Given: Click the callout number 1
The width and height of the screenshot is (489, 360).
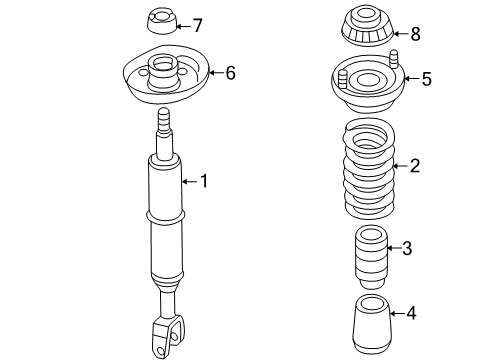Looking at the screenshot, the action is pyautogui.click(x=204, y=181).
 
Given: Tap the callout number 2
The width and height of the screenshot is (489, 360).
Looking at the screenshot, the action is pyautogui.click(x=415, y=166).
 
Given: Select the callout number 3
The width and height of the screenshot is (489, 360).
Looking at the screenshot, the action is pyautogui.click(x=407, y=248).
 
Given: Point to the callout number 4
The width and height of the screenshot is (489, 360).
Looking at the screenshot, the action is pyautogui.click(x=411, y=313).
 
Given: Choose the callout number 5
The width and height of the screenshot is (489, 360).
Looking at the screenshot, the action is pyautogui.click(x=427, y=79).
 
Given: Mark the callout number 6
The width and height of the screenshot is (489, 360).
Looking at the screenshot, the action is pyautogui.click(x=230, y=72).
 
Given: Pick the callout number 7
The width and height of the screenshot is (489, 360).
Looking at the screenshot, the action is pyautogui.click(x=197, y=25).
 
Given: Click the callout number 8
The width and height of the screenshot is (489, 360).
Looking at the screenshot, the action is pyautogui.click(x=415, y=34).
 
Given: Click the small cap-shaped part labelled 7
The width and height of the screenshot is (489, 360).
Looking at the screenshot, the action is pyautogui.click(x=161, y=22).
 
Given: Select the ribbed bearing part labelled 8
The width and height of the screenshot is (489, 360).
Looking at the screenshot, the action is pyautogui.click(x=368, y=27).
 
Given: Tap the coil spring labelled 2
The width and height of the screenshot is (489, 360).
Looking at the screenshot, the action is pyautogui.click(x=369, y=169).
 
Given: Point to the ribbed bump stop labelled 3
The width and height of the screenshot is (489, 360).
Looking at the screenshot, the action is pyautogui.click(x=371, y=258).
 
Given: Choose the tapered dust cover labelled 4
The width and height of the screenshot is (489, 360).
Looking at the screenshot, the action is pyautogui.click(x=372, y=324).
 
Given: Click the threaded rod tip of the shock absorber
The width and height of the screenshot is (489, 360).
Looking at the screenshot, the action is pyautogui.click(x=164, y=120).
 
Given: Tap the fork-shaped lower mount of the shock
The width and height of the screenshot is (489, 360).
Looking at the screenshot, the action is pyautogui.click(x=168, y=336).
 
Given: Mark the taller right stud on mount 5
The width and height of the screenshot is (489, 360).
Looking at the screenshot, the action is pyautogui.click(x=394, y=59).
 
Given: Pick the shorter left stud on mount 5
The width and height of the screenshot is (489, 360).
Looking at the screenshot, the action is pyautogui.click(x=343, y=80).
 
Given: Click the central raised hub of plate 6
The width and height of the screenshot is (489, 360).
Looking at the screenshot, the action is pyautogui.click(x=162, y=72).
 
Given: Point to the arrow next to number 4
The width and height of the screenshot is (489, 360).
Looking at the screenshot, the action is pyautogui.click(x=397, y=313).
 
